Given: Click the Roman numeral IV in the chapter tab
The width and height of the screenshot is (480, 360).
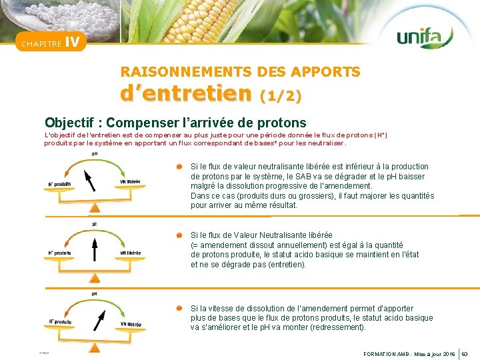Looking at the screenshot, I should (73, 42).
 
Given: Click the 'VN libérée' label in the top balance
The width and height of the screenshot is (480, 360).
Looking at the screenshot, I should (129, 182).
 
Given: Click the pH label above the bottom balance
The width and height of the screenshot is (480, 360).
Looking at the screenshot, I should (93, 293).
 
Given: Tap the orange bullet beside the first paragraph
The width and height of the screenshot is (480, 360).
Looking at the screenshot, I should (179, 167).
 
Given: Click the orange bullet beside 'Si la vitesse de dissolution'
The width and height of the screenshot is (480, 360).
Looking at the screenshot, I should (179, 309).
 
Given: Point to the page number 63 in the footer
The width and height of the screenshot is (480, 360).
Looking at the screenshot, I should (465, 353).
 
